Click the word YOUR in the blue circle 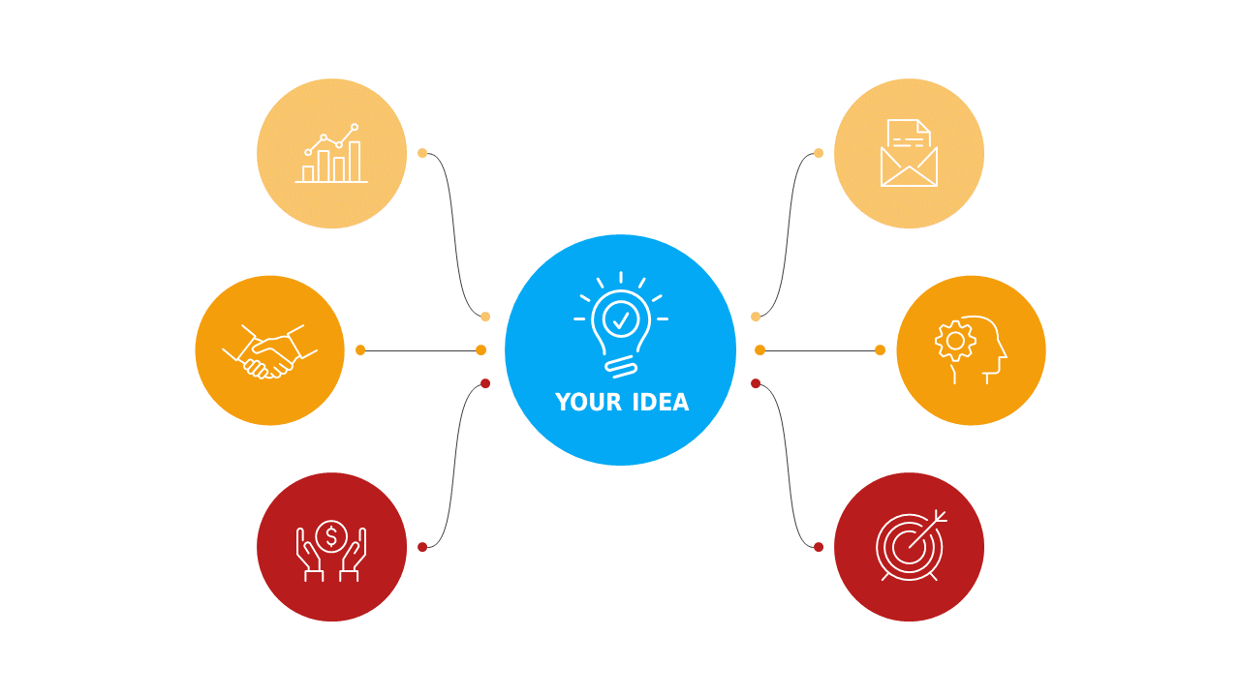pyautogui.click(x=588, y=402)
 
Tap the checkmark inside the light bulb pyautogui.click(x=621, y=319)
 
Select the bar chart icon pyautogui.click(x=331, y=153)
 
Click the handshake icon pyautogui.click(x=269, y=351)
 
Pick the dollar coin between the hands pyautogui.click(x=331, y=536)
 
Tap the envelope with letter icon pyautogui.click(x=909, y=153)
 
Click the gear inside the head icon pyautogui.click(x=955, y=342)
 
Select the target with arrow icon pyautogui.click(x=911, y=545)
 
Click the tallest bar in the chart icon pyautogui.click(x=355, y=162)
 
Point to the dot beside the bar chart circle pyautogui.click(x=422, y=153)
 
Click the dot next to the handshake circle pyautogui.click(x=360, y=350)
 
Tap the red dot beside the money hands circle pyautogui.click(x=422, y=547)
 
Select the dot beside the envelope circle pyautogui.click(x=819, y=153)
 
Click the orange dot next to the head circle pyautogui.click(x=881, y=350)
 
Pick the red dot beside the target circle pyautogui.click(x=819, y=547)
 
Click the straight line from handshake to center pyautogui.click(x=420, y=350)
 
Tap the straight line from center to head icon pyautogui.click(x=820, y=350)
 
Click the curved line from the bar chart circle pyautogui.click(x=454, y=235)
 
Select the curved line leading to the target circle pyautogui.click(x=788, y=466)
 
